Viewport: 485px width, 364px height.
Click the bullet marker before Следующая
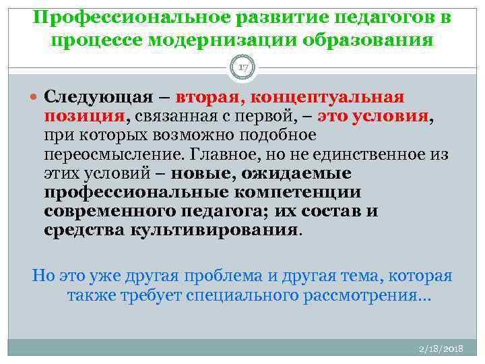pos(36,96)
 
